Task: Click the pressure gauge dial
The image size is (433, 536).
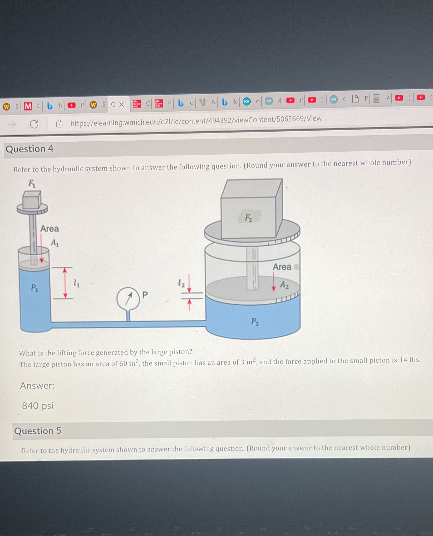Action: click(x=128, y=299)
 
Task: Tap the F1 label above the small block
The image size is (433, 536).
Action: click(x=32, y=183)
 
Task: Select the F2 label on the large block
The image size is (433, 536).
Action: click(x=248, y=218)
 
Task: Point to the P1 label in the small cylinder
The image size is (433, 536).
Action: click(x=35, y=287)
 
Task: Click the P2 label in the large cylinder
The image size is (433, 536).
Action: click(x=255, y=321)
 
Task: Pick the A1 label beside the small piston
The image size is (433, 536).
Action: click(x=55, y=242)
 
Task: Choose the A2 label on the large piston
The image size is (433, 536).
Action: click(x=284, y=285)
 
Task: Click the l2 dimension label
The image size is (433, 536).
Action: click(x=181, y=283)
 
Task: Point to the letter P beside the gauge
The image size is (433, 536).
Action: click(x=145, y=295)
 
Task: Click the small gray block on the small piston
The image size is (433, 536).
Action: click(x=32, y=200)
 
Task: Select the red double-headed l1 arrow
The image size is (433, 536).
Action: click(x=65, y=283)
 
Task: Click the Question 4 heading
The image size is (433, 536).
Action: click(x=29, y=149)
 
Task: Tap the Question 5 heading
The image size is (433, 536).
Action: click(x=38, y=431)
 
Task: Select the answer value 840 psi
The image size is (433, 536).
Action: click(x=38, y=405)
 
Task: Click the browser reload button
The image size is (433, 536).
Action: click(x=34, y=124)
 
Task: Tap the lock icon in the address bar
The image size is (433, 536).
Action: click(x=59, y=123)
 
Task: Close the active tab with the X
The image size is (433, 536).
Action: click(x=121, y=105)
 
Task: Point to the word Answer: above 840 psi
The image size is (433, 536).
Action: click(x=37, y=386)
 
